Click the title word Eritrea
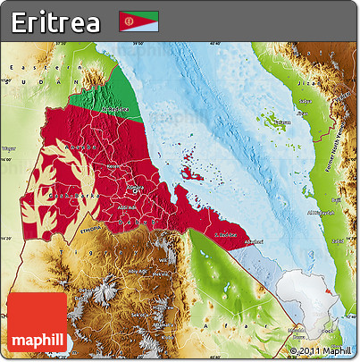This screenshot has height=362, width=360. coord(55,22)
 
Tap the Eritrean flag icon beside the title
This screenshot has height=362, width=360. coord(138,21)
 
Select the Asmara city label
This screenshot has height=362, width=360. coord(135,187)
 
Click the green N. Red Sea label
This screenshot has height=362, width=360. coord(116,109)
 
